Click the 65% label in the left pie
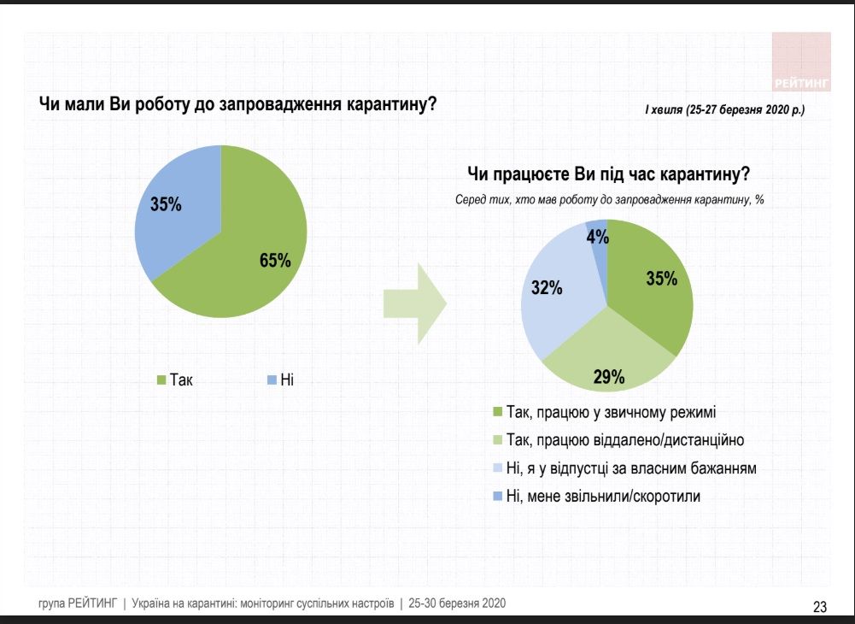[275, 261]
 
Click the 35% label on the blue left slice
[167, 205]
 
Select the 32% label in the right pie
[547, 288]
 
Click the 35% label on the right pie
[661, 278]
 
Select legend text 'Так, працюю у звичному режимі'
[610, 412]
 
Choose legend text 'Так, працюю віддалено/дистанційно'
[624, 440]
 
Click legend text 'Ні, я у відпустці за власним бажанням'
[631, 468]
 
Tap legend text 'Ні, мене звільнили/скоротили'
[603, 496]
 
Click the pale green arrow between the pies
[414, 303]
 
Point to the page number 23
[820, 607]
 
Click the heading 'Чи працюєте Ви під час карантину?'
[609, 175]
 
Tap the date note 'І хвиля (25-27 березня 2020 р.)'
[724, 110]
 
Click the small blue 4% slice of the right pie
[599, 248]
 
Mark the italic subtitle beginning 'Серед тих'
[609, 200]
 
